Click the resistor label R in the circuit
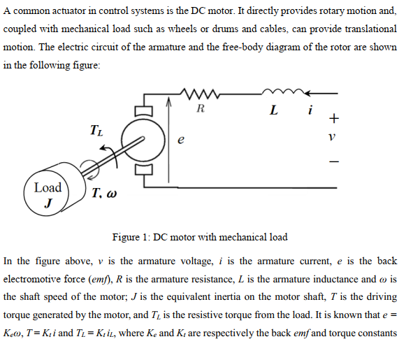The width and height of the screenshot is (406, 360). click(x=201, y=108)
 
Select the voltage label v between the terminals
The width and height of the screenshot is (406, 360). click(x=333, y=138)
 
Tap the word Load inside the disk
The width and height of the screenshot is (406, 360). click(x=48, y=187)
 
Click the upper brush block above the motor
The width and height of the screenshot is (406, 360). click(x=143, y=108)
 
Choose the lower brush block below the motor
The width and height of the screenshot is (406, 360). click(x=143, y=168)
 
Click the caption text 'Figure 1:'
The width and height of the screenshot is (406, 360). click(x=131, y=237)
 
